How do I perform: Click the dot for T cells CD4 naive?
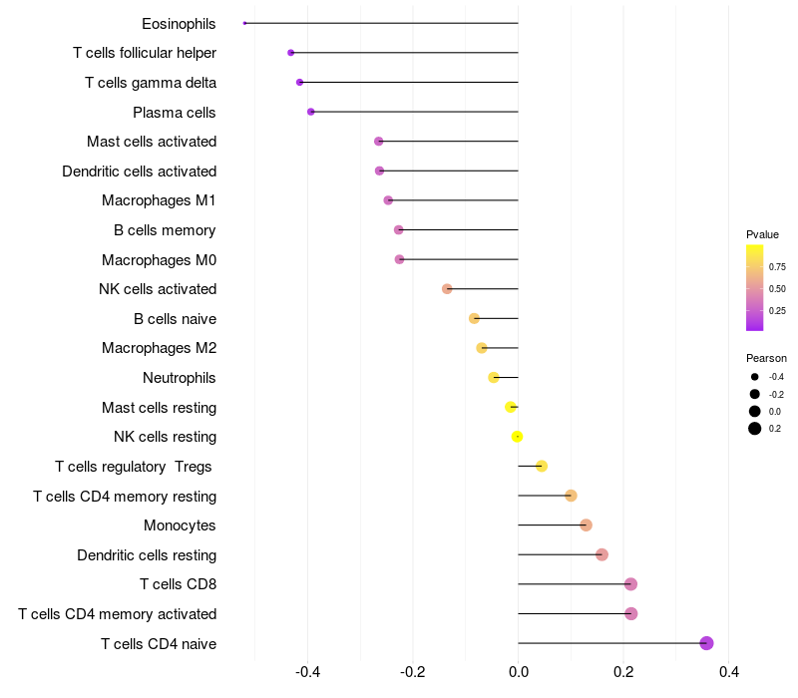click(x=706, y=643)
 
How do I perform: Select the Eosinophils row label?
click(x=179, y=23)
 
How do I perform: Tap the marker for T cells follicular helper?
click(x=290, y=53)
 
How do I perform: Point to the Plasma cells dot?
click(x=311, y=112)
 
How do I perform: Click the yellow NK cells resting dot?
click(x=517, y=437)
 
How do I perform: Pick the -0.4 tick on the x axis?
click(x=307, y=673)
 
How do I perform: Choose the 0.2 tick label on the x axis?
click(x=623, y=673)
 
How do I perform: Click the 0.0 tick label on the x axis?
click(x=518, y=673)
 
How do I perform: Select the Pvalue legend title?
click(x=762, y=234)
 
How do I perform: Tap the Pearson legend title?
click(x=766, y=358)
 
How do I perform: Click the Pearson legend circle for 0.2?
click(x=755, y=429)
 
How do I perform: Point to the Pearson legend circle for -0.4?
click(x=755, y=377)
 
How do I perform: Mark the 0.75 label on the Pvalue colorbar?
click(x=777, y=267)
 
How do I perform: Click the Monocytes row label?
click(x=180, y=525)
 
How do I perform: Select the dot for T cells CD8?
click(x=630, y=584)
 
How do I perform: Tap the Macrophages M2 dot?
click(x=482, y=348)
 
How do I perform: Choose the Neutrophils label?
click(x=180, y=378)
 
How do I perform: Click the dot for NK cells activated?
click(x=447, y=289)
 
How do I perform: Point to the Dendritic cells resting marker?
click(x=601, y=554)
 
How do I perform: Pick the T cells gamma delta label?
click(x=151, y=83)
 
